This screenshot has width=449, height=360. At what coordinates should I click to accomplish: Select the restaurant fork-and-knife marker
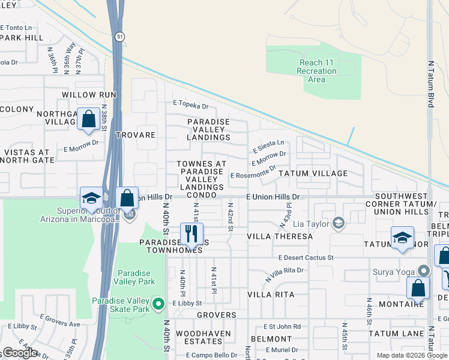click(192, 234)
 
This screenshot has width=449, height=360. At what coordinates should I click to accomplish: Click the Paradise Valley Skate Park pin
click(158, 304)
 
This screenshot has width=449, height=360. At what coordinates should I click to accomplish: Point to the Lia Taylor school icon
click(339, 223)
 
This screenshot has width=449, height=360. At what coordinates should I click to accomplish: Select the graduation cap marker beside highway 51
click(91, 198)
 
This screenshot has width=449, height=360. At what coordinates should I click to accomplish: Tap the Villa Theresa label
click(280, 236)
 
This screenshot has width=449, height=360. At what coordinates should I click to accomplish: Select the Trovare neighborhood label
click(136, 135)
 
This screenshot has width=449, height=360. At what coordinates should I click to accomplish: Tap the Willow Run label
click(88, 95)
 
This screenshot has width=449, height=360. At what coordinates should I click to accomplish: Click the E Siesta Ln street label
click(268, 145)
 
